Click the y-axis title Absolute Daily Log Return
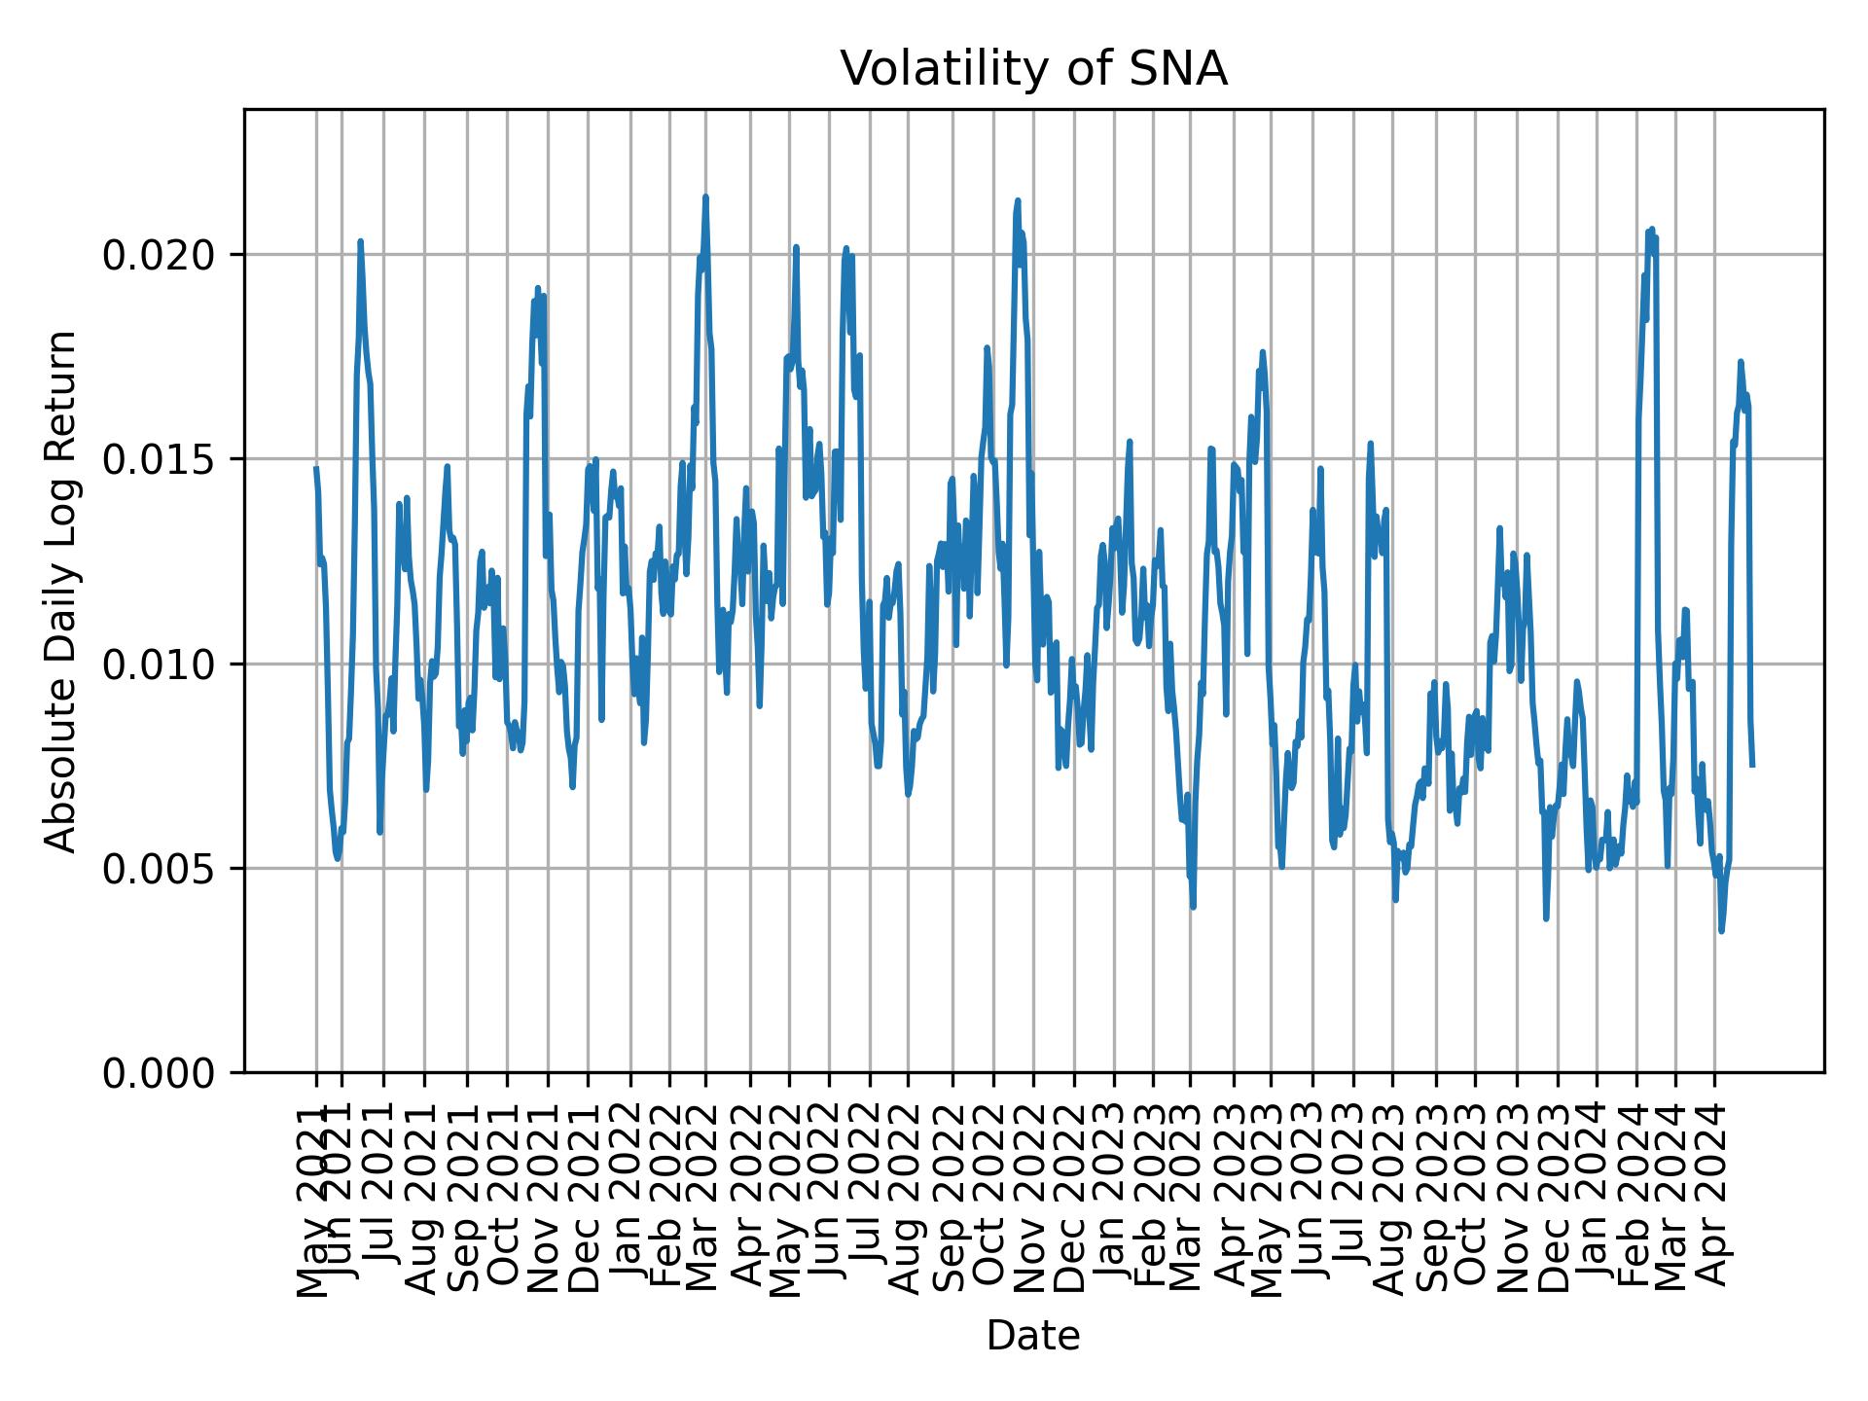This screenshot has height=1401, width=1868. [62, 591]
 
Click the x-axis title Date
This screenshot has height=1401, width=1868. [1033, 1336]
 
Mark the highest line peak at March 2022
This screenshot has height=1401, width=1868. [705, 197]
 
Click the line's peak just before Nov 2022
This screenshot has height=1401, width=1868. [1018, 200]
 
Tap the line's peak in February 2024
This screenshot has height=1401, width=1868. [1651, 230]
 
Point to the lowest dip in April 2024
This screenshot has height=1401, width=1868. [1721, 931]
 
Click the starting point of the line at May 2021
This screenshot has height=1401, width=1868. [316, 468]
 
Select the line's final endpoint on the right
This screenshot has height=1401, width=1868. [1752, 765]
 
